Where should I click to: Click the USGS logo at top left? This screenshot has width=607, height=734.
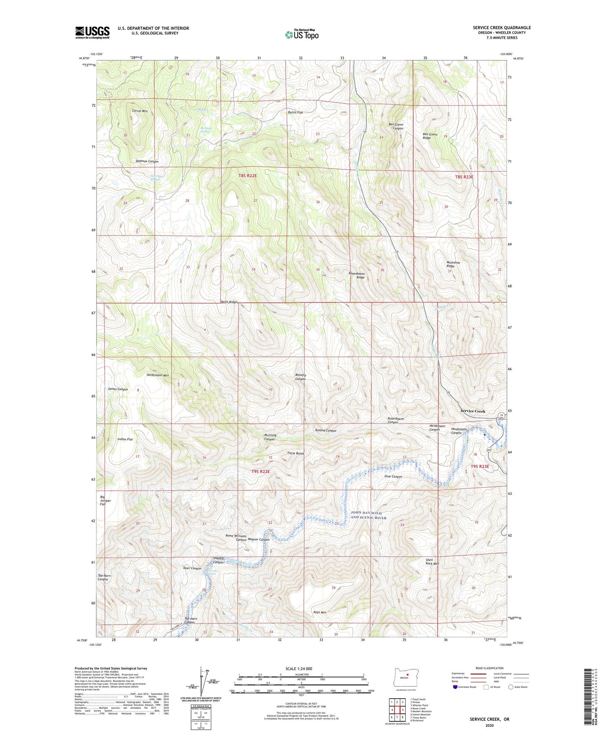tap(92, 32)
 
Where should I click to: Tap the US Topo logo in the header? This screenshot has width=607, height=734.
tap(302, 34)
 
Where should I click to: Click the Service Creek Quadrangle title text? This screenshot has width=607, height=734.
tap(502, 28)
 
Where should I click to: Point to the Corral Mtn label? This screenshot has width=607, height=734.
tap(140, 111)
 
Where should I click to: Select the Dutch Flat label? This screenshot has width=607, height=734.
tap(295, 113)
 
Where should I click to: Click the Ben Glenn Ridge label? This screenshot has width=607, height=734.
tap(430, 136)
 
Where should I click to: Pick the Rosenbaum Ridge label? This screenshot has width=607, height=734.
tap(357, 275)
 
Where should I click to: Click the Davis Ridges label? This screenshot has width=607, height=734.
tap(229, 302)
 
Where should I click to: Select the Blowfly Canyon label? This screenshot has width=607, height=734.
tap(300, 377)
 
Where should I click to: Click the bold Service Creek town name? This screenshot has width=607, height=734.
tap(473, 411)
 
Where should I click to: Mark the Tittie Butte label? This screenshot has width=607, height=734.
tap(295, 454)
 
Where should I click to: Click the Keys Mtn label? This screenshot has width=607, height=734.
tap(320, 613)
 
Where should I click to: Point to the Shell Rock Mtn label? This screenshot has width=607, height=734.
tap(432, 562)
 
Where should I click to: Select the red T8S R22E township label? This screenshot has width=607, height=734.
tap(248, 176)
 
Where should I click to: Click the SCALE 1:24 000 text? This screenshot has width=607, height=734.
tap(299, 669)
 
